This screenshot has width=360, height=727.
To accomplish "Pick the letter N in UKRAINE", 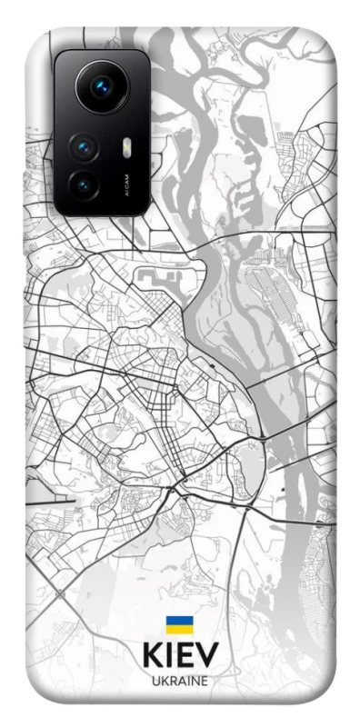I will tap(195, 681).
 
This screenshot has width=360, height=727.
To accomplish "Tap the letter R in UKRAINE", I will tap(171, 681).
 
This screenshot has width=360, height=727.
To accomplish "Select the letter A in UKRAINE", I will tap(180, 681).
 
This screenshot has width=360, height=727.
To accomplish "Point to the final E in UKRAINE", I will tap(205, 681).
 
